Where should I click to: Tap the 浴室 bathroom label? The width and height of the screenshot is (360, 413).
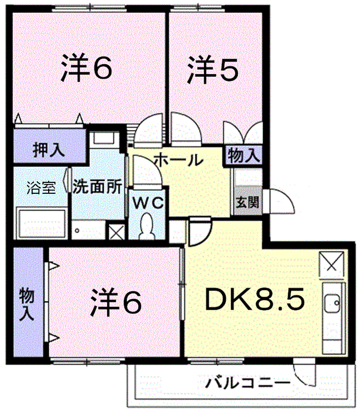coord(41,188)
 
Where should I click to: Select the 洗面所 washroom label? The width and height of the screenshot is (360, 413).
coord(97,187)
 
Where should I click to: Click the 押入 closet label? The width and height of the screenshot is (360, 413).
coord(49,150)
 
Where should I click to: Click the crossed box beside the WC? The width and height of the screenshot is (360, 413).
coord(116,233)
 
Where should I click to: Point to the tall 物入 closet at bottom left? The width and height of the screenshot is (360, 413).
coord(28,303)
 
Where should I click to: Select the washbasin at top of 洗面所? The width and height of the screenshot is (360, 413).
coord(105,139)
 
